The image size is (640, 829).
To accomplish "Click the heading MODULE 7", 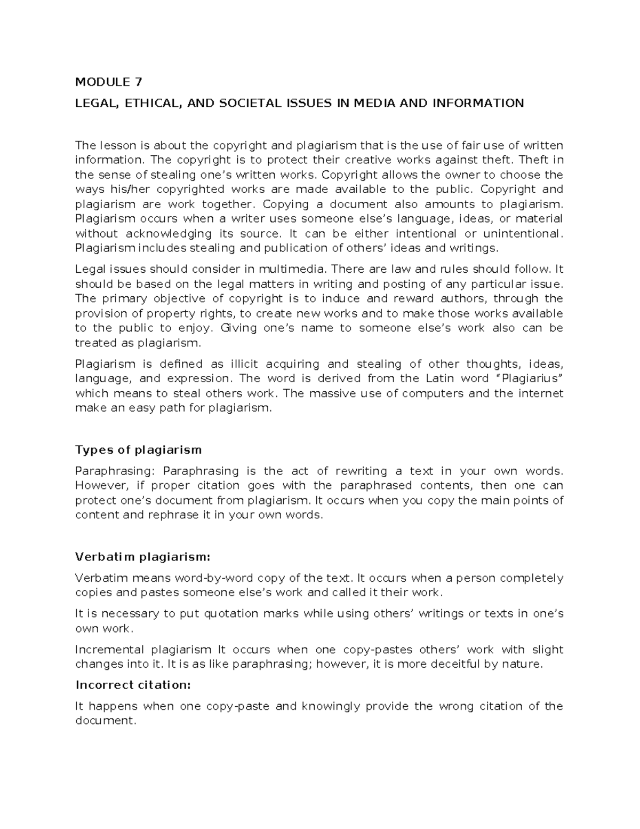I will (x=109, y=82).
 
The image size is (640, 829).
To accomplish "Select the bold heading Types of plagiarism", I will (x=139, y=449).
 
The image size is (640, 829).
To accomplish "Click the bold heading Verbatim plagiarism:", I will (x=143, y=557).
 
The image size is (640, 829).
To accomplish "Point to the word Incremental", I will (x=109, y=650).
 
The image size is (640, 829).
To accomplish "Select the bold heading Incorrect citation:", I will (x=133, y=685).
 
